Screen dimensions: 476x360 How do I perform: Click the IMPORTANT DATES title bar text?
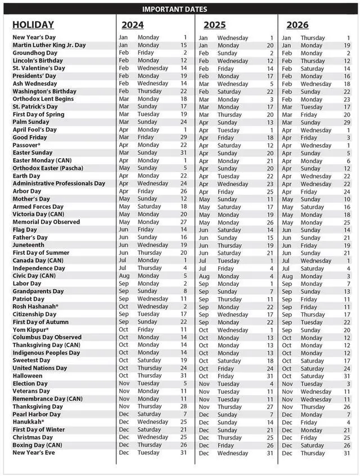[174, 9]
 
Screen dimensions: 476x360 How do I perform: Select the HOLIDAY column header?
[33, 25]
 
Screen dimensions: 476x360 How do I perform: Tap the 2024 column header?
[132, 25]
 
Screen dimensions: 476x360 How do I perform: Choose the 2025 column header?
[214, 25]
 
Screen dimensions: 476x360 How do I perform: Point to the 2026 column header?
[297, 25]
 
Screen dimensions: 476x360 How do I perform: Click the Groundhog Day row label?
[35, 53]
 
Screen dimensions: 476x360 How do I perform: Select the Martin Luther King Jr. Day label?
[49, 45]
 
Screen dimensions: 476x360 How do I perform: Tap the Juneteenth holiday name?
[28, 245]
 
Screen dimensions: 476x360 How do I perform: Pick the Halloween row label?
[27, 375]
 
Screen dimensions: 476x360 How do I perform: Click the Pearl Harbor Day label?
[37, 414]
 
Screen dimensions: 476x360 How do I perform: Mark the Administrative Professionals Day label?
[58, 183]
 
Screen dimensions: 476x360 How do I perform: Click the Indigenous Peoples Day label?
[47, 352]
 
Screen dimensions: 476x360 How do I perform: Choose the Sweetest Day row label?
[31, 360]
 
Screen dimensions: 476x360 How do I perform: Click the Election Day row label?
[31, 383]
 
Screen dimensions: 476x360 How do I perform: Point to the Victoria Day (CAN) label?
[38, 214]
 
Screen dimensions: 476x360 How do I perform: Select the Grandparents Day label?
[38, 291]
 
